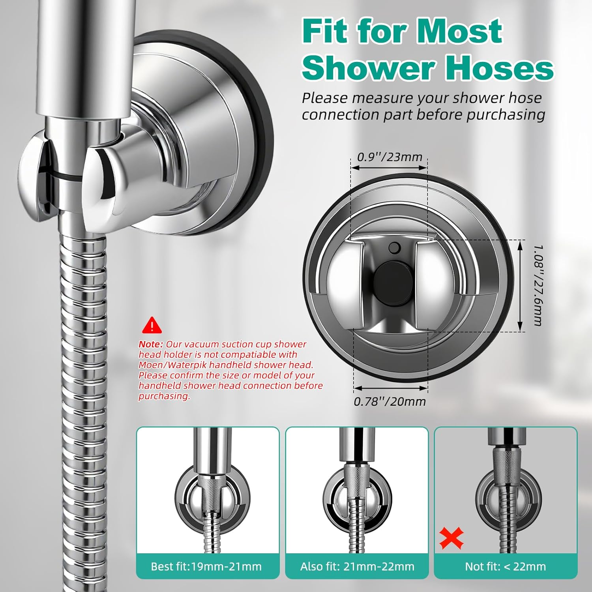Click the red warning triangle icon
coord(152,325)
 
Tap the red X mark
coord(451,539)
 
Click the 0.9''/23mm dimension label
coord(390,157)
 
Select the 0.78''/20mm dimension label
coord(390,401)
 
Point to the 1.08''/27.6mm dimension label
coord(538,285)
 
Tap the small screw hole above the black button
coord(394,248)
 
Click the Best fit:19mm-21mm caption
coord(206,567)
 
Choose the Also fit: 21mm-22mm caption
coord(357,567)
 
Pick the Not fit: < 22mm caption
coord(505,567)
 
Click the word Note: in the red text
coord(151,344)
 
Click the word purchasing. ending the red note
coord(164,396)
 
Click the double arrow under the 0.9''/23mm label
coord(389,168)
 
